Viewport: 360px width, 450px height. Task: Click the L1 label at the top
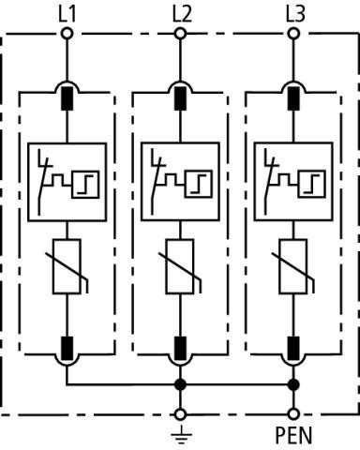coord(67,15)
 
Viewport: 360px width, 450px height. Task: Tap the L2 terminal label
coord(182,15)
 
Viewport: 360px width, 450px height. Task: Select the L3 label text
coord(295,15)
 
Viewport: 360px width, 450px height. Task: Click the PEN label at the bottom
coord(293,435)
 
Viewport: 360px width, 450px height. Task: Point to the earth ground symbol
coord(181,436)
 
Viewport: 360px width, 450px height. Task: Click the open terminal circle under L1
coord(67,34)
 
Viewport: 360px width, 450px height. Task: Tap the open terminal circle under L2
coord(180,34)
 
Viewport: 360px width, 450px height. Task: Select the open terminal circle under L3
coord(293,34)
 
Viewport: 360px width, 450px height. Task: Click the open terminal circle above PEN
coord(293,414)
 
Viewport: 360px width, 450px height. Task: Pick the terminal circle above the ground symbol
coord(180,414)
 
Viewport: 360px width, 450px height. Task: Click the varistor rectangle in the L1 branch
coord(67,266)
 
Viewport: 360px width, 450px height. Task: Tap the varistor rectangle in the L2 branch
coord(180,266)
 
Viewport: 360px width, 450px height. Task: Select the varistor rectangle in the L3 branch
coord(293,266)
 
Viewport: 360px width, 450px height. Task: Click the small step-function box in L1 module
coord(85,185)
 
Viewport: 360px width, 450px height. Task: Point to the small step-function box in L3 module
coord(312,184)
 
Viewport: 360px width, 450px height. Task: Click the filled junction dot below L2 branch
coord(180,384)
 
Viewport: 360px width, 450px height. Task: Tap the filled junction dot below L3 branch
coord(293,384)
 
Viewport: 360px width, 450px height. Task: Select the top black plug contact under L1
coord(67,98)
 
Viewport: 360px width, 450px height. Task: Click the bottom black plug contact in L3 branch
coord(293,348)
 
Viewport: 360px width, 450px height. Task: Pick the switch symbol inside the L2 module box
coord(157,182)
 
